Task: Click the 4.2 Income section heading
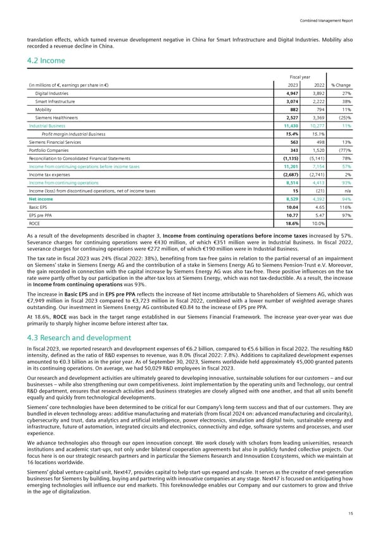point(42,62)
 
